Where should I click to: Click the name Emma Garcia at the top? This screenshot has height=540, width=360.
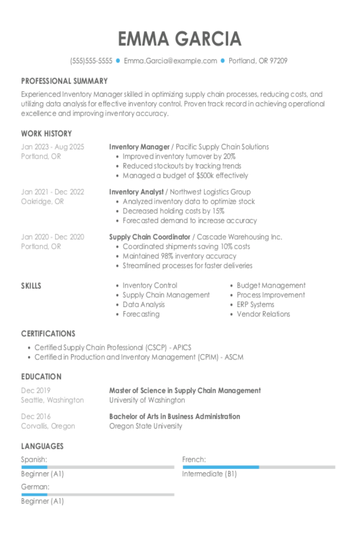coord(180,39)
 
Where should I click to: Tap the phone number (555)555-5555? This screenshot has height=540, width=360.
coord(91,61)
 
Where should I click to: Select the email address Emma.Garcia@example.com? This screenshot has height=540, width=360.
coord(170,61)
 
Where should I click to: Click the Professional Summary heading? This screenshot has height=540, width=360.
coord(64,81)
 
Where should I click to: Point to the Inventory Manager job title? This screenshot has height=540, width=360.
coord(139,147)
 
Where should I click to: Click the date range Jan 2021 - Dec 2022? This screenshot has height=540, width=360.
coord(53,192)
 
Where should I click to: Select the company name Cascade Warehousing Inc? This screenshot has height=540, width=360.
coord(239,237)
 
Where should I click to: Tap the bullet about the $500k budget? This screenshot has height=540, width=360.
coord(185,176)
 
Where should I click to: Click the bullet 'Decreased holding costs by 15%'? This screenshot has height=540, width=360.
coord(173,211)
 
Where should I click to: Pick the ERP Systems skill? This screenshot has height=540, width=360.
coord(255,304)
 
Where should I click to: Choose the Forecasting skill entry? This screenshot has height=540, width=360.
coord(141,314)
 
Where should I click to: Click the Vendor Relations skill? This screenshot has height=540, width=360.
coord(263,314)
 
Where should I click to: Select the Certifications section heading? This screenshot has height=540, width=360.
coord(48,334)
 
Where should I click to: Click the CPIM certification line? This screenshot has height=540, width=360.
coord(139,357)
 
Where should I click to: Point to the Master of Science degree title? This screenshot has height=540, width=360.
coord(185,390)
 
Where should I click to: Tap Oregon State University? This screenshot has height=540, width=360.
coord(146,426)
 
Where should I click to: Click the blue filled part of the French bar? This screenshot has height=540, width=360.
coord(220,467)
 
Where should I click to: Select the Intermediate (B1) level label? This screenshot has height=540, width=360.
coord(209,474)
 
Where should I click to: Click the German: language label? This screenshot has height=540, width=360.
coord(35,487)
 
